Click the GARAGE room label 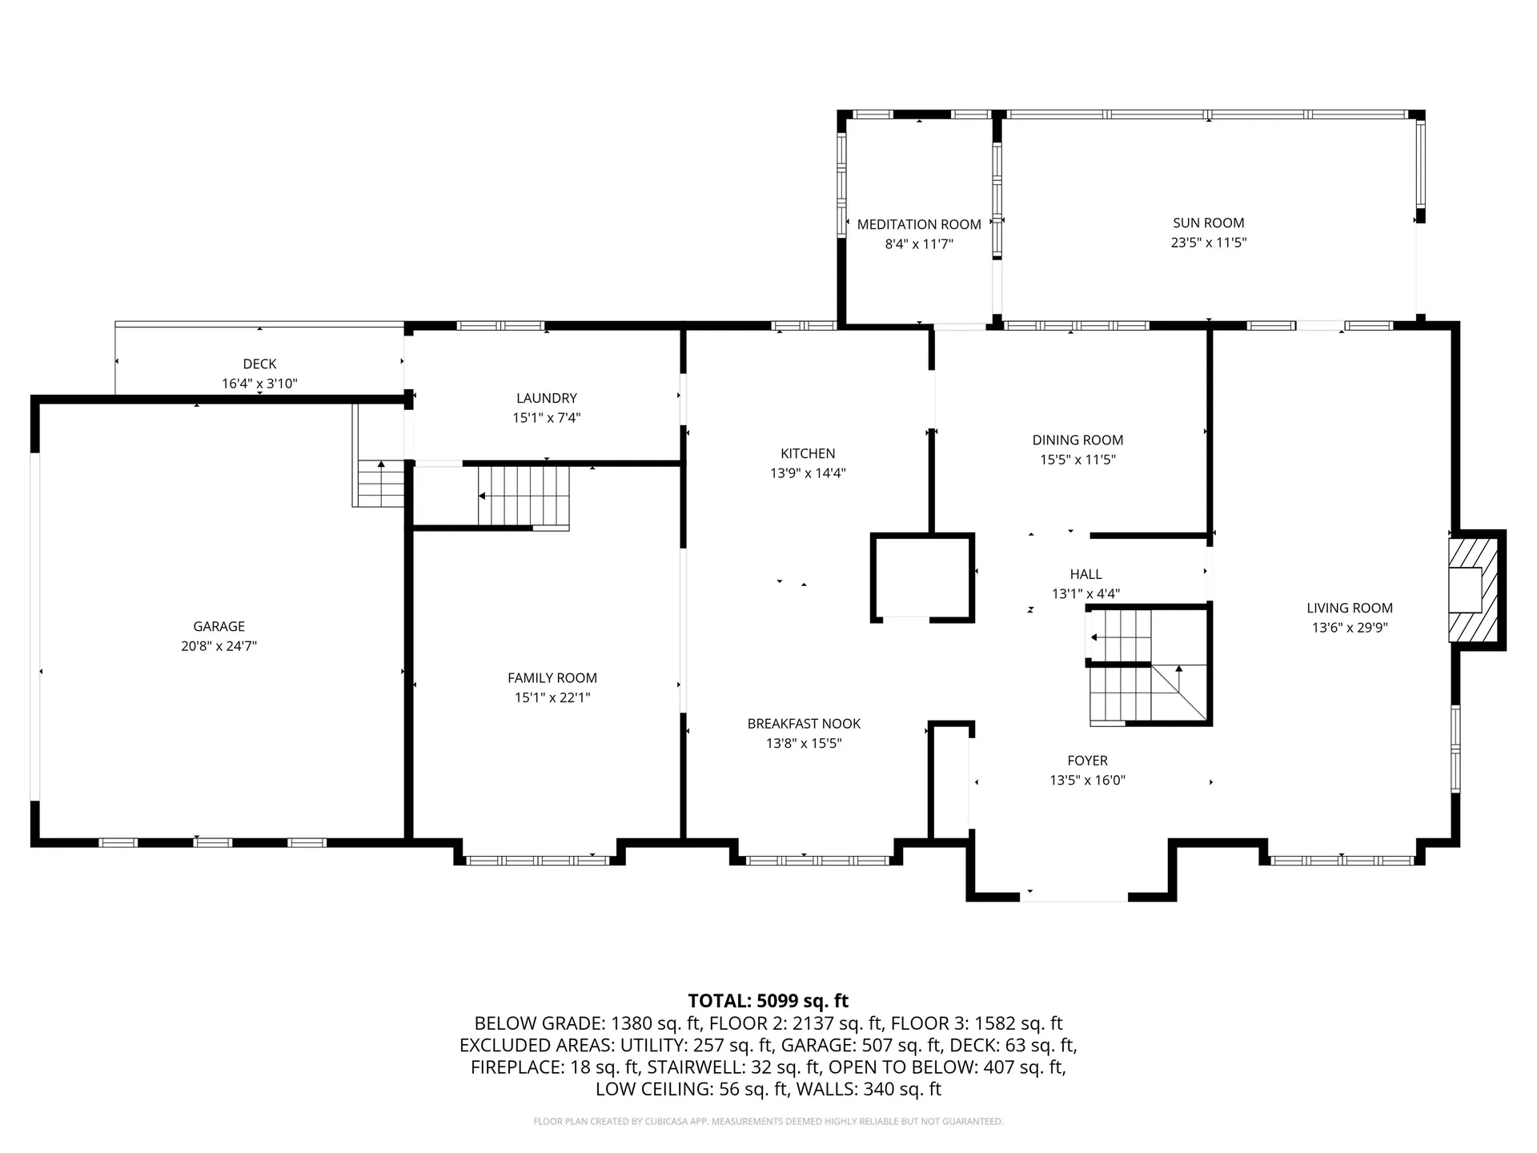pos(219,626)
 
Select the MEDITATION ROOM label pos(919,224)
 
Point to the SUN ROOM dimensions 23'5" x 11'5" pos(1209,243)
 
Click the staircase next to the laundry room pos(523,496)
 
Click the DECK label pos(259,364)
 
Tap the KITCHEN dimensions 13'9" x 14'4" pos(808,473)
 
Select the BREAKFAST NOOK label pos(804,724)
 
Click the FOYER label pos(1087,761)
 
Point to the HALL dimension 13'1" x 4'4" pos(1086,594)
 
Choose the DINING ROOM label pos(1078,440)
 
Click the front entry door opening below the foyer pos(1073,897)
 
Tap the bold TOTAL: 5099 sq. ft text pos(768,1001)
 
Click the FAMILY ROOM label pos(552,677)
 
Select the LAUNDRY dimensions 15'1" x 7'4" pos(546,418)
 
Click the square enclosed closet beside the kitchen pos(922,577)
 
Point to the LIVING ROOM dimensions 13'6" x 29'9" pos(1349,628)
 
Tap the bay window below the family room pos(538,861)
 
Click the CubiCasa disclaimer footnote pos(768,1122)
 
